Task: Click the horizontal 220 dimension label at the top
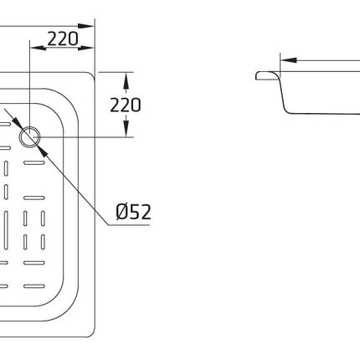[63, 39]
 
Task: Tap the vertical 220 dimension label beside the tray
[126, 105]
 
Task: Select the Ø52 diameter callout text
[133, 212]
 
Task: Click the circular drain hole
[30, 136]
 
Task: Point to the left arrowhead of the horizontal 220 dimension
[38, 48]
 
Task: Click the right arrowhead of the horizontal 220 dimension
[86, 48]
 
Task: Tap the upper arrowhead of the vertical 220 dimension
[126, 80]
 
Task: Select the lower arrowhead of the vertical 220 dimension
[126, 129]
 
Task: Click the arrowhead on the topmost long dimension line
[86, 26]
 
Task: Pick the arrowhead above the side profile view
[289, 60]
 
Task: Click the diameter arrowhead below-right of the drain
[42, 151]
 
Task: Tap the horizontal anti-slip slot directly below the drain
[34, 163]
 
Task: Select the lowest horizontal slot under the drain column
[34, 286]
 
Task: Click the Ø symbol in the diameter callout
[122, 212]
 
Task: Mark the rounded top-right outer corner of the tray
[92, 75]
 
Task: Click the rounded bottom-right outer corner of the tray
[92, 334]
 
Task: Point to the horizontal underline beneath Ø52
[129, 224]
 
